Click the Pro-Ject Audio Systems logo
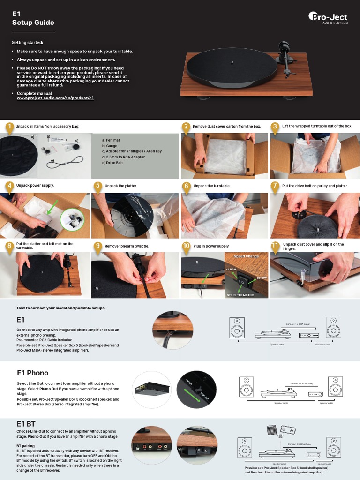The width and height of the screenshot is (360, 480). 328,18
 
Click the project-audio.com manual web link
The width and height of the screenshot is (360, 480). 55,98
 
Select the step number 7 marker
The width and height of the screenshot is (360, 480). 275,186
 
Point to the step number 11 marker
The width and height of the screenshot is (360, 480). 275,245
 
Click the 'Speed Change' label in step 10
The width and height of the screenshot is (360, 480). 246,256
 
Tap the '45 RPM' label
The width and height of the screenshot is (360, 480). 231,270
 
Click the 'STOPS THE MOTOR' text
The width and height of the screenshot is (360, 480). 240,295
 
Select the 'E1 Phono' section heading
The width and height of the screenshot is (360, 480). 32,373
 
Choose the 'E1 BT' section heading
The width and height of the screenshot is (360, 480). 26,423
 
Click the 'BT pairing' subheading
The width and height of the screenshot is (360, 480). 25,445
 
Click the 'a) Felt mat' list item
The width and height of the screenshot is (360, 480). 111,140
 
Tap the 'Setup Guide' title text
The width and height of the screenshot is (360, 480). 33,22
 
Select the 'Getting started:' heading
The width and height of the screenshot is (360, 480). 27,43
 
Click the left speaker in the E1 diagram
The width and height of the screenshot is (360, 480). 237,328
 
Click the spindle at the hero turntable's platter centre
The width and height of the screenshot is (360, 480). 233,61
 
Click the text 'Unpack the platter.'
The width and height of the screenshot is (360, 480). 121,186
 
